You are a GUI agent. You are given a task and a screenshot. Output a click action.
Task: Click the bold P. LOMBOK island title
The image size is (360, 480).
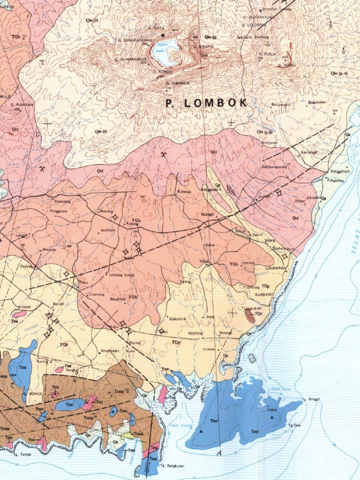pos(207,104)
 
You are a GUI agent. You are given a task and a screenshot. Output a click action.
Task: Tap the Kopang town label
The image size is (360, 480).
pos(132,224)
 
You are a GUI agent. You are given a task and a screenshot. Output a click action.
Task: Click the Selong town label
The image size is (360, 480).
pos(270,240)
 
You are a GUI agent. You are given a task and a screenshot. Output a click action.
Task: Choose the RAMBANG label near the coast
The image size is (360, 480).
pos(264,295)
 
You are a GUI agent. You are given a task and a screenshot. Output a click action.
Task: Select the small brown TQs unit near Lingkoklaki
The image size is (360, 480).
pos(250,316)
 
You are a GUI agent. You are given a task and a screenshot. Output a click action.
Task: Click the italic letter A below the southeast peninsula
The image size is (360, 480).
pos(218,453)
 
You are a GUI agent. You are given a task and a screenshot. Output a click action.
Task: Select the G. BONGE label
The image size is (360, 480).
pos(35,394)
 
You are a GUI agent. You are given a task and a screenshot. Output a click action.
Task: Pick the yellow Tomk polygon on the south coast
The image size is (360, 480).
pos(127,436)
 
